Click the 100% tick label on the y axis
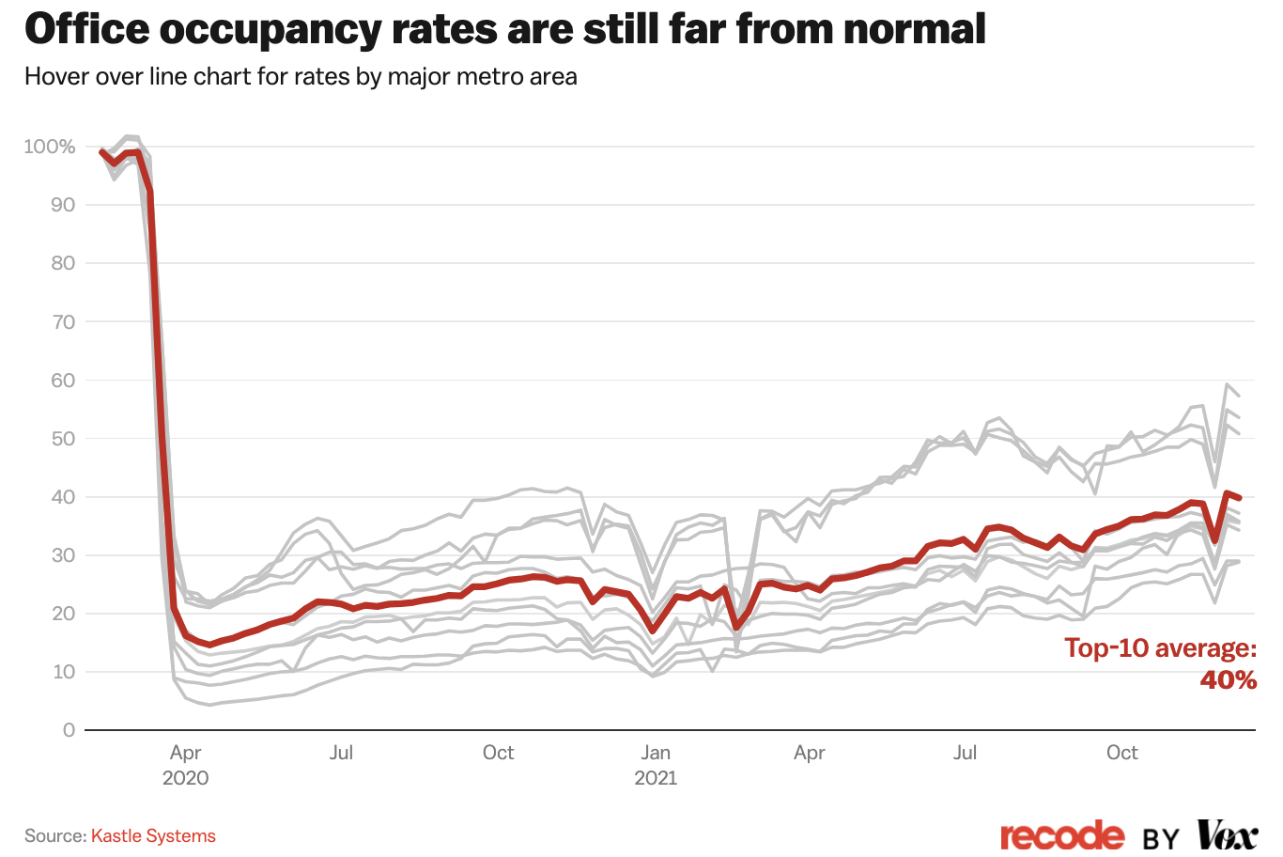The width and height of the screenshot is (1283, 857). coord(49,147)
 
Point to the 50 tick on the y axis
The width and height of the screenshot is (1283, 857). coord(63,439)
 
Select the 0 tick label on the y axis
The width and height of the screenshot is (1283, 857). coord(69,730)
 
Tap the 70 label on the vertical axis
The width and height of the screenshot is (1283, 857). coord(63,322)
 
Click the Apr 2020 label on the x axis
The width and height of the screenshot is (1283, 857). coord(185,765)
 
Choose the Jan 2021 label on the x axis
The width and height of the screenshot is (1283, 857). coord(656,765)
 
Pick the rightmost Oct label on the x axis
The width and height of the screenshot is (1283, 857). coord(1121,753)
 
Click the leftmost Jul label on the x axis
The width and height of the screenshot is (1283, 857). coord(341,753)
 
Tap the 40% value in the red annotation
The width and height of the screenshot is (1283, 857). coord(1228,679)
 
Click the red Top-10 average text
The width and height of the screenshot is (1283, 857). coord(1160,648)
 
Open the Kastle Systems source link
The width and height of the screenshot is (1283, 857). coord(153,835)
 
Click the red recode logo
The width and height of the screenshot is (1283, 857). coord(1061,835)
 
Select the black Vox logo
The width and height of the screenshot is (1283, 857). coord(1227,834)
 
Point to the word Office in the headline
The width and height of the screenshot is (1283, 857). coord(86,29)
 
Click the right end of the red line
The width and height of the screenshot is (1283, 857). coord(1240,497)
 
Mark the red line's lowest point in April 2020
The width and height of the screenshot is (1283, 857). coord(210,645)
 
